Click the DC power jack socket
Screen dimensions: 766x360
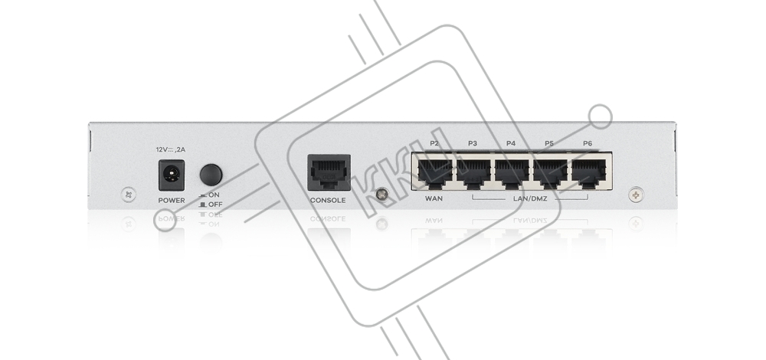pyautogui.click(x=172, y=175)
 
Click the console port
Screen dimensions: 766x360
pyautogui.click(x=329, y=172)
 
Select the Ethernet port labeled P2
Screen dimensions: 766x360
pyautogui.click(x=435, y=173)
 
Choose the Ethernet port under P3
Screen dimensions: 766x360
pyautogui.click(x=473, y=173)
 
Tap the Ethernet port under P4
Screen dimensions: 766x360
pyautogui.click(x=512, y=173)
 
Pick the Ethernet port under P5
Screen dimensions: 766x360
pyautogui.click(x=550, y=173)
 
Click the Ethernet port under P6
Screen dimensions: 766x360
pyautogui.click(x=588, y=173)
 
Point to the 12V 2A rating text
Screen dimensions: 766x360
pyautogui.click(x=171, y=150)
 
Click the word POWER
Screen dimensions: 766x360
pyautogui.click(x=172, y=200)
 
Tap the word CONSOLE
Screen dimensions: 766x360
pyautogui.click(x=328, y=200)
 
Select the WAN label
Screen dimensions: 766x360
pyautogui.click(x=434, y=199)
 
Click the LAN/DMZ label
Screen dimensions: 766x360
pyautogui.click(x=530, y=199)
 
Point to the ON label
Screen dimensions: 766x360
pyautogui.click(x=214, y=195)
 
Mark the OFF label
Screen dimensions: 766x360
pyautogui.click(x=215, y=205)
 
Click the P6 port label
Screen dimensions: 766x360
pyautogui.click(x=588, y=143)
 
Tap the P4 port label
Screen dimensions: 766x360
pyautogui.click(x=510, y=143)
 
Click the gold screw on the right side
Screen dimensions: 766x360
pyautogui.click(x=636, y=195)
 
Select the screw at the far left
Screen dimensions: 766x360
pyautogui.click(x=128, y=195)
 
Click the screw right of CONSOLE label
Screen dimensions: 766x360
pyautogui.click(x=382, y=195)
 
